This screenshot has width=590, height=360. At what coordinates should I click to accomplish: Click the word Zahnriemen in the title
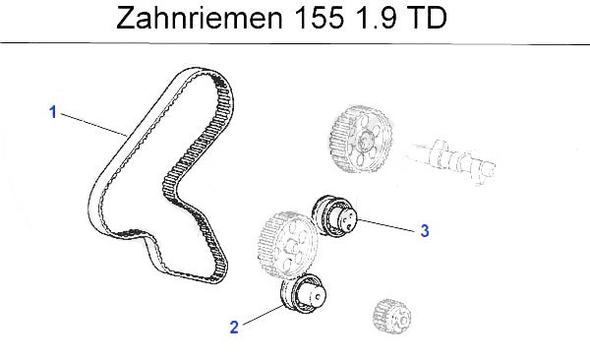click(200, 18)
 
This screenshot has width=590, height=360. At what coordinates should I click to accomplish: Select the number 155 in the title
click(319, 18)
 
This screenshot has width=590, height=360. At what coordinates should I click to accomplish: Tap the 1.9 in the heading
click(375, 18)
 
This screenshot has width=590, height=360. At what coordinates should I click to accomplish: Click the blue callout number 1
click(53, 112)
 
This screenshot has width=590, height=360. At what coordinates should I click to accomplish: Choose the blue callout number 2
click(234, 328)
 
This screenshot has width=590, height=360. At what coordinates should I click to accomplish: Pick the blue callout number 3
click(425, 231)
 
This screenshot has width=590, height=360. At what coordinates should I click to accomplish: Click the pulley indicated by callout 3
click(332, 216)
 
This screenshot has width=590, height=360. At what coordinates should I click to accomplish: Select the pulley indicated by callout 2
click(304, 294)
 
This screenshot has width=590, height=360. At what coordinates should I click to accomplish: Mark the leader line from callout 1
click(93, 124)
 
